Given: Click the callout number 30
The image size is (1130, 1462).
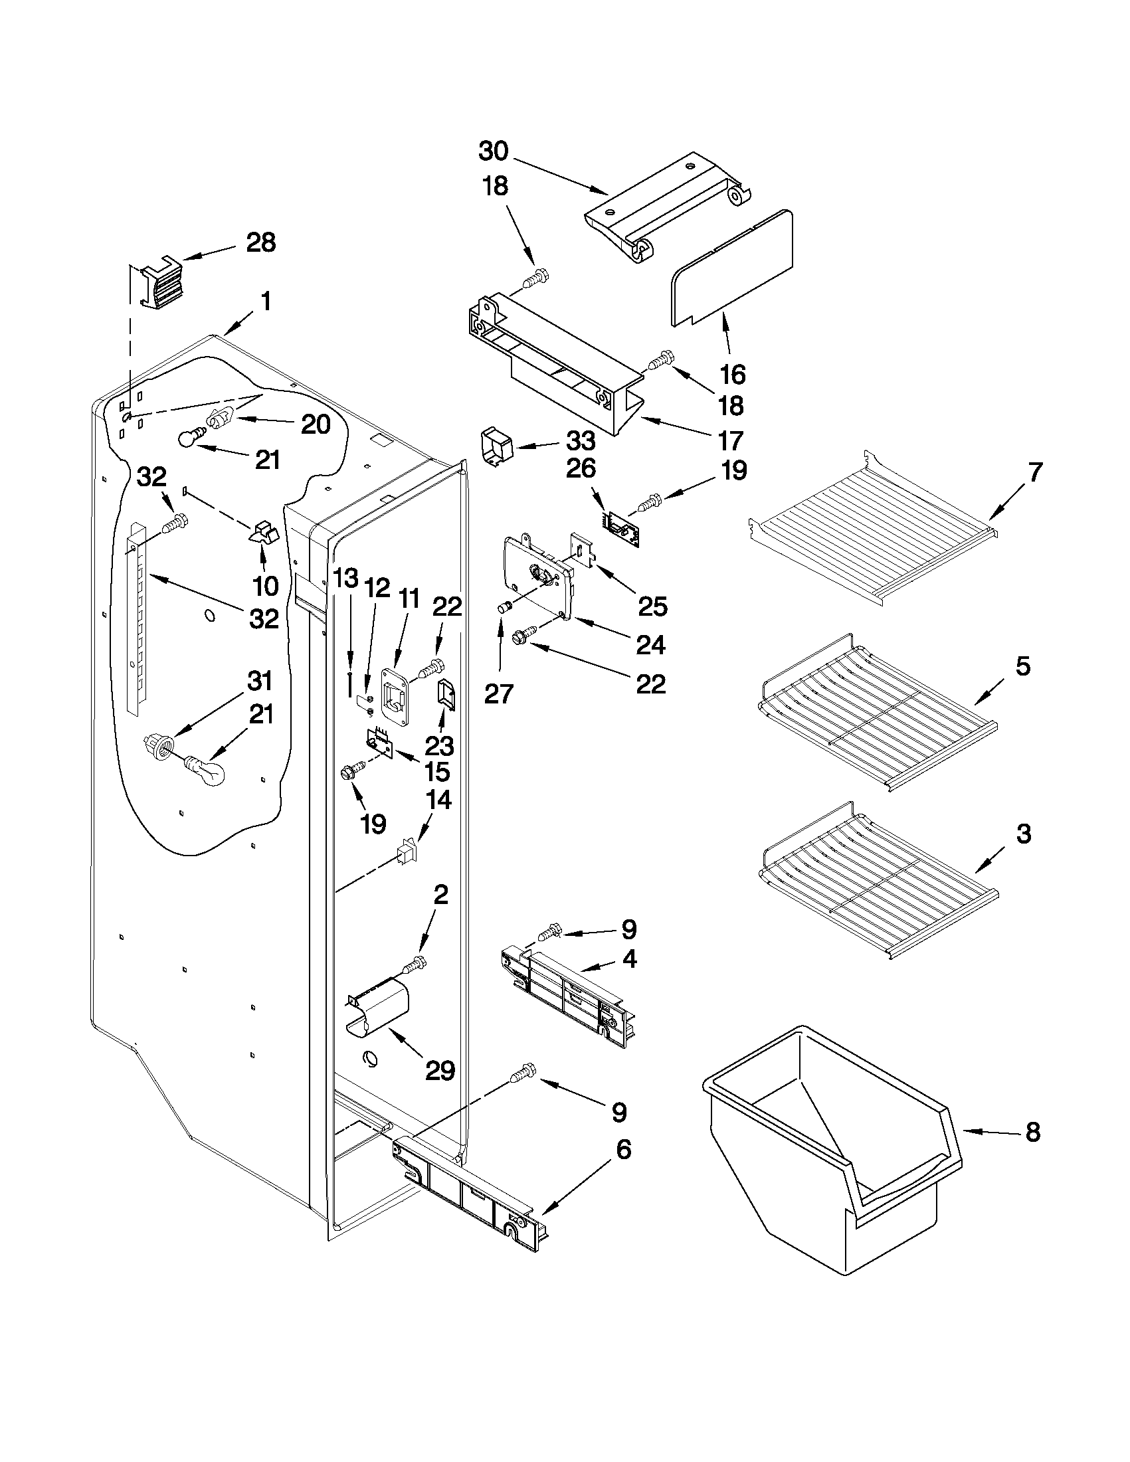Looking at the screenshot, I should click(x=494, y=151).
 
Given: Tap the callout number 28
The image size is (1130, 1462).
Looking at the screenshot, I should click(x=260, y=242).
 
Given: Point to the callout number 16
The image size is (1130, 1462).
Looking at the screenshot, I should click(x=732, y=375).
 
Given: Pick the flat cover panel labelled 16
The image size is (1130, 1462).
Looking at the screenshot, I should click(x=733, y=268).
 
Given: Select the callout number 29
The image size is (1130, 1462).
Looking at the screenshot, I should click(x=440, y=1070).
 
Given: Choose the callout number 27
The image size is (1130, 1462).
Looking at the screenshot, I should click(x=499, y=694).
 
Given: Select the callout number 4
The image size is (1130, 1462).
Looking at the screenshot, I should click(x=628, y=960).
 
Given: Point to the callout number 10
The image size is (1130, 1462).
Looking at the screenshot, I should click(x=266, y=586).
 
